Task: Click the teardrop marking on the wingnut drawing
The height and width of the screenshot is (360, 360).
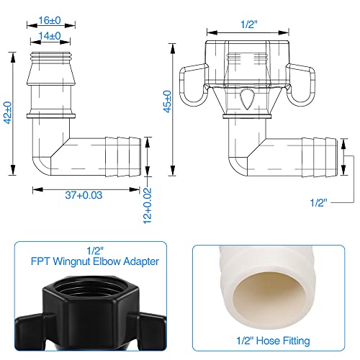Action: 246,99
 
